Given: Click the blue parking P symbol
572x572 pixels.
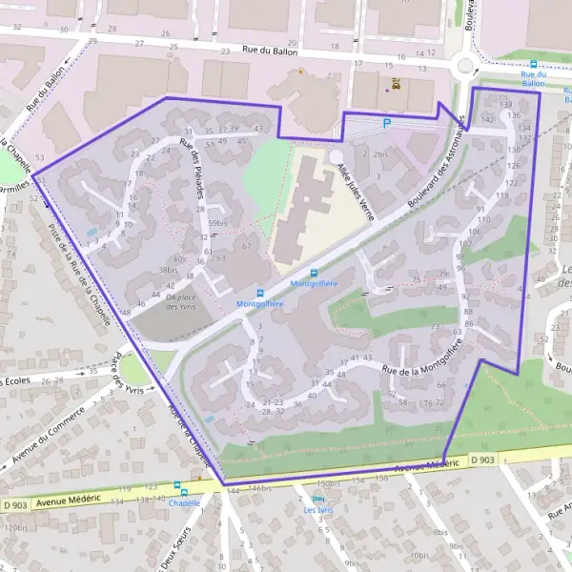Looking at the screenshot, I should (386, 123).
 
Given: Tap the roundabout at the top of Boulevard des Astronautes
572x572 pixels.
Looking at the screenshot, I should (466, 66).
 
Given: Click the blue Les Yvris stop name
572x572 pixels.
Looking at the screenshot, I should (318, 510).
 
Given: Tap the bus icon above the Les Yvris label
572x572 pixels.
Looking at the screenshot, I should (318, 499).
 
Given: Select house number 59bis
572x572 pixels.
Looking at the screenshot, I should (217, 224).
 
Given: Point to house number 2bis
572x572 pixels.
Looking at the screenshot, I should (381, 153).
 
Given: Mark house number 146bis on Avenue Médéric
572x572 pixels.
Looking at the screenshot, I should (260, 488).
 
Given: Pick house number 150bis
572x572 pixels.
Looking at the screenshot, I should (328, 483).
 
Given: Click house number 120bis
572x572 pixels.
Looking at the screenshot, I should (16, 527).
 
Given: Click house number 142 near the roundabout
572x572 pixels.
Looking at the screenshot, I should (487, 120).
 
